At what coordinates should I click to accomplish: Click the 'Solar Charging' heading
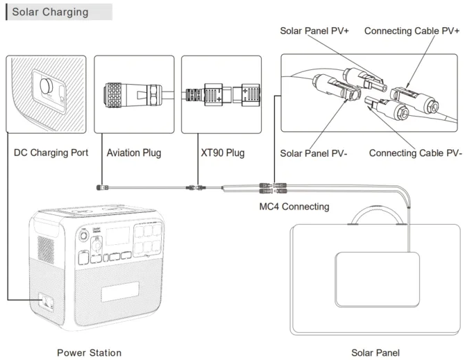pyautogui.click(x=51, y=12)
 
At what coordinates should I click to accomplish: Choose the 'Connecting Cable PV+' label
pyautogui.click(x=412, y=31)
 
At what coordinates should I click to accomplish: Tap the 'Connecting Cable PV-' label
pyautogui.click(x=415, y=153)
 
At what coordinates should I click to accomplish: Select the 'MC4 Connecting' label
pyautogui.click(x=295, y=206)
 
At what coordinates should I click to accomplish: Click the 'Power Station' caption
pyautogui.click(x=89, y=352)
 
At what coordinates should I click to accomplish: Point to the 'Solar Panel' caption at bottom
pyautogui.click(x=375, y=352)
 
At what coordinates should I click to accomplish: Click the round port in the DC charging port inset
pyautogui.click(x=47, y=87)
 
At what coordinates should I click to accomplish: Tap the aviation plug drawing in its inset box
pyautogui.click(x=132, y=94)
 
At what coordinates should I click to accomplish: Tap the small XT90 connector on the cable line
pyautogui.click(x=196, y=187)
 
